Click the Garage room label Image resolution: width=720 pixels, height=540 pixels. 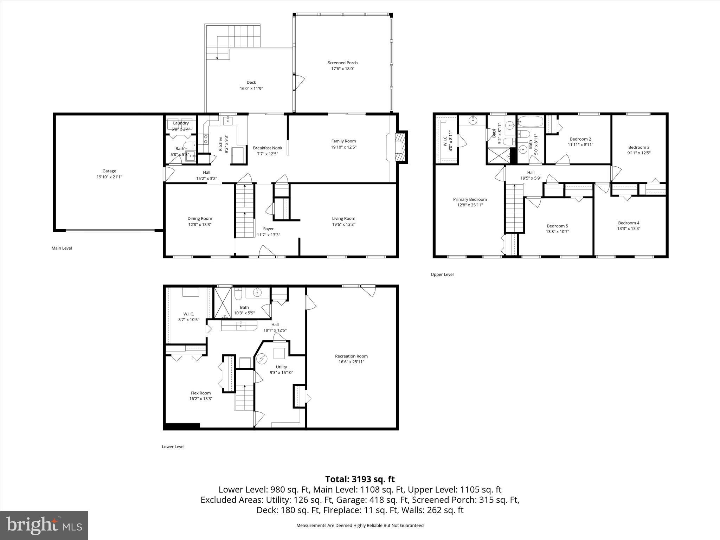pyautogui.click(x=109, y=171)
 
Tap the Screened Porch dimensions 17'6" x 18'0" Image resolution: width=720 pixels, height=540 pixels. pyautogui.click(x=342, y=69)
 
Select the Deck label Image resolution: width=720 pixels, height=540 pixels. pyautogui.click(x=251, y=82)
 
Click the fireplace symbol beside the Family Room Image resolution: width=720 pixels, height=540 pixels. pyautogui.click(x=400, y=147)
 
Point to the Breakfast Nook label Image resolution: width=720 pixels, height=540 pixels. pyautogui.click(x=268, y=148)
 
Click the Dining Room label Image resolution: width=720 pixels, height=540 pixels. pyautogui.click(x=200, y=218)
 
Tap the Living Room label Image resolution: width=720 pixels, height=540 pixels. pyautogui.click(x=343, y=218)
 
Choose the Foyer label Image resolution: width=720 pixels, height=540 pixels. pyautogui.click(x=268, y=229)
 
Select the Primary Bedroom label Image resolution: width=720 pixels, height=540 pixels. pyautogui.click(x=470, y=199)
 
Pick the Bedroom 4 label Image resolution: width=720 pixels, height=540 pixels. pyautogui.click(x=629, y=223)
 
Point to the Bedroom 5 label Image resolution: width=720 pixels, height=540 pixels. pyautogui.click(x=557, y=226)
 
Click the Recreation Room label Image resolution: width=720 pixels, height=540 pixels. pyautogui.click(x=351, y=356)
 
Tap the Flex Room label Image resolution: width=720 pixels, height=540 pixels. pyautogui.click(x=201, y=393)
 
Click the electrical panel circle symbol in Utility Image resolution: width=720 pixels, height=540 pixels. pyautogui.click(x=262, y=359)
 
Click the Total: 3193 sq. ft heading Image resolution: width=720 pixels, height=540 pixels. pyautogui.click(x=360, y=479)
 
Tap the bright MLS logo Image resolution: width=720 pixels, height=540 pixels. pyautogui.click(x=44, y=525)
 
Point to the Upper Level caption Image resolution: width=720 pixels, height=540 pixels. pyautogui.click(x=442, y=274)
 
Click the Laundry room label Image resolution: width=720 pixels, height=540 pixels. pyautogui.click(x=181, y=123)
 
